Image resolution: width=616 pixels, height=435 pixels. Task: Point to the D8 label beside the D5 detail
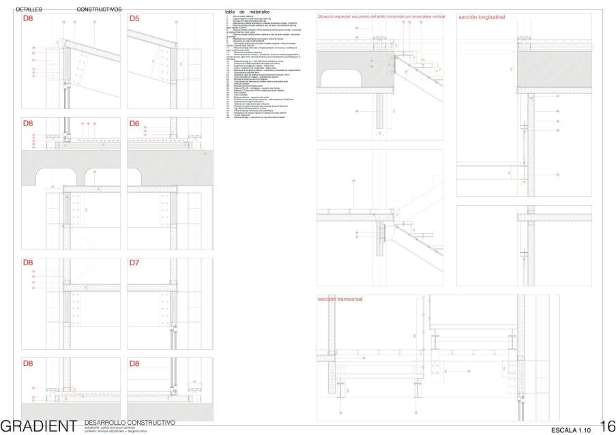[29, 18]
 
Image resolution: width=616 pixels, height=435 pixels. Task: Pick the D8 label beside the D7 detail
[29, 262]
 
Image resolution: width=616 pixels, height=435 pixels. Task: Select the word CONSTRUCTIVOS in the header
[100, 10]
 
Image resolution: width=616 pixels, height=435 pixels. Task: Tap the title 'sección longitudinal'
[481, 16]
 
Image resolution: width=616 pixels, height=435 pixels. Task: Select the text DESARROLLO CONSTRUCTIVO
[131, 423]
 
